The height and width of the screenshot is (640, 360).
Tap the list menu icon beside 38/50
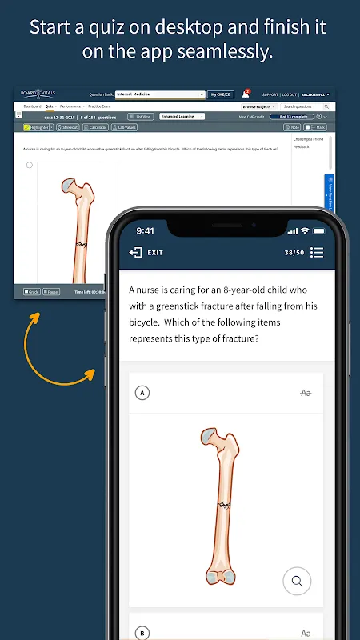(317, 252)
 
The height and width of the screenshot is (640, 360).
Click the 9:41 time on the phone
(145, 230)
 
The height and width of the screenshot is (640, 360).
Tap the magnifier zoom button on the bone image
(297, 581)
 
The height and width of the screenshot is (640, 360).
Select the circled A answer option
(142, 393)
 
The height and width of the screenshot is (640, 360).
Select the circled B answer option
(142, 632)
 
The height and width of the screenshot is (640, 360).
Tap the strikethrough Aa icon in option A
(306, 393)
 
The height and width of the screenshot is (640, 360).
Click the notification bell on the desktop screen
(246, 94)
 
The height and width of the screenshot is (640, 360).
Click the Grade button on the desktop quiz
(32, 291)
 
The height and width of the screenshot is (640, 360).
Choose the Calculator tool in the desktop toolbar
(96, 127)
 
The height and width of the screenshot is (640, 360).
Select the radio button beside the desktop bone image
(30, 166)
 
